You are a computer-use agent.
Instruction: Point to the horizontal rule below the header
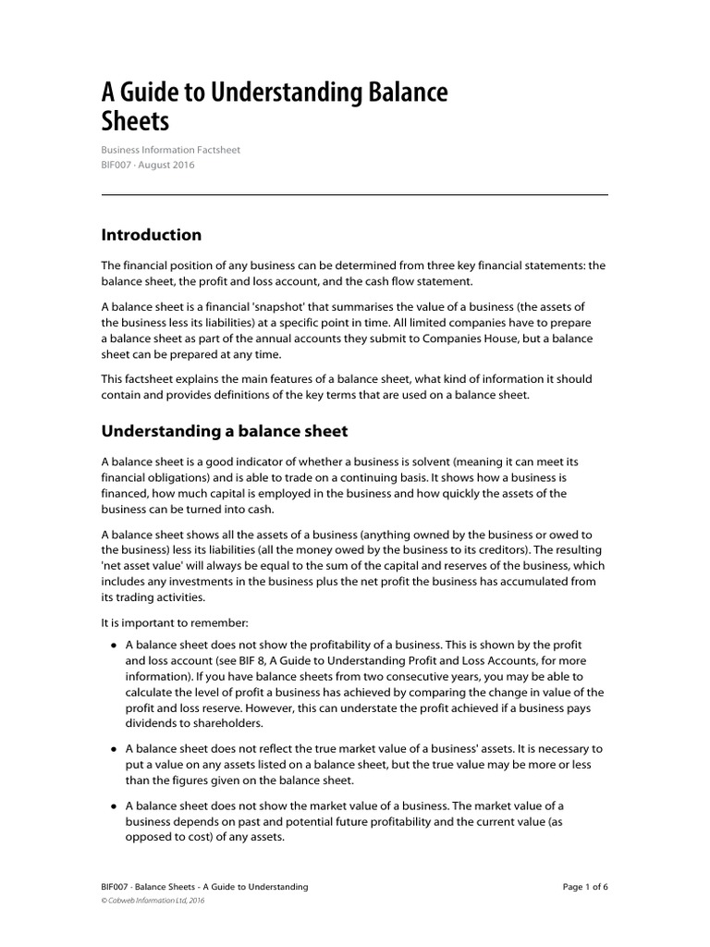pyautogui.click(x=354, y=194)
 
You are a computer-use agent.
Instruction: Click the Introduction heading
pyautogui.click(x=151, y=235)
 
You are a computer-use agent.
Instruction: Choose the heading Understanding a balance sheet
pyautogui.click(x=224, y=431)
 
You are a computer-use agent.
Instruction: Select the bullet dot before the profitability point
pyautogui.click(x=113, y=645)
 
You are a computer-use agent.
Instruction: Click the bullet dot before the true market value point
pyautogui.click(x=113, y=749)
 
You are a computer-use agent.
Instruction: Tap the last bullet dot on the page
pyautogui.click(x=113, y=806)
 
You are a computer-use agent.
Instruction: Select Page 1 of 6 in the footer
pyautogui.click(x=585, y=887)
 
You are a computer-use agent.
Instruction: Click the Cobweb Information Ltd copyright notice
pyautogui.click(x=153, y=901)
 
